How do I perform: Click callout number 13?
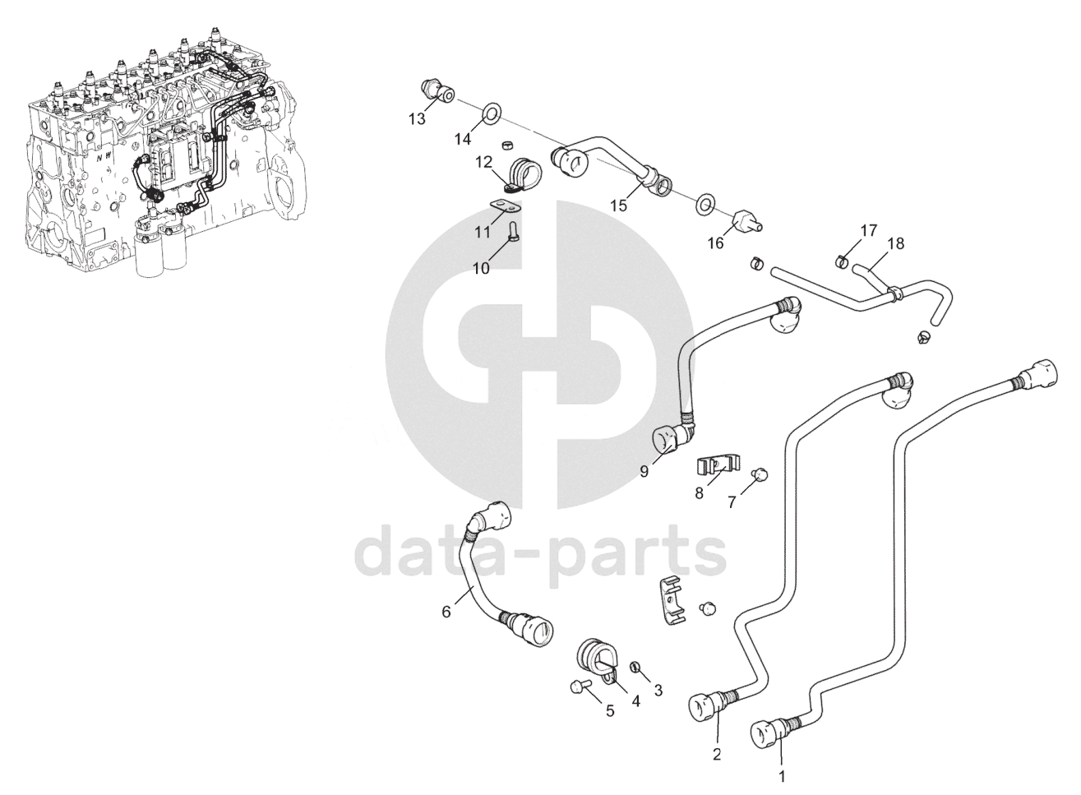coord(417,119)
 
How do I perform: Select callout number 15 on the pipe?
coord(618,205)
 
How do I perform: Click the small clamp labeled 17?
coord(841,262)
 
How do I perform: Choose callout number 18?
coord(895,243)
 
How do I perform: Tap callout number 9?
coord(644,471)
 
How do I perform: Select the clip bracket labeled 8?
coord(712,466)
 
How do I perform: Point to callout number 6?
coord(446,612)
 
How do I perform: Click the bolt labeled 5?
coord(575,686)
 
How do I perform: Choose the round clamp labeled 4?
coord(598,655)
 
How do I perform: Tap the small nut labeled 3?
coord(635,666)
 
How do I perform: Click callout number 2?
coord(716,754)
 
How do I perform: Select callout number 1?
coord(782,774)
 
